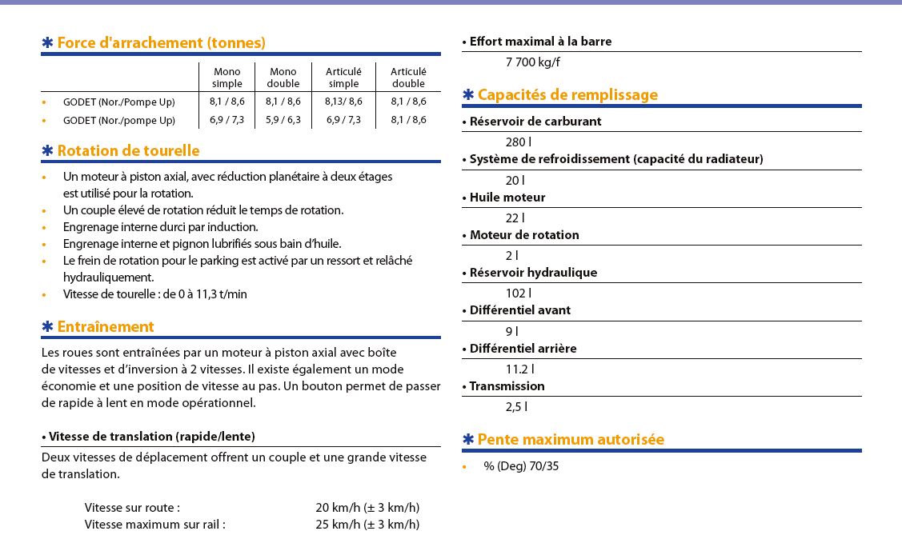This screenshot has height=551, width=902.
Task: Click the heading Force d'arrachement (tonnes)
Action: click(161, 43)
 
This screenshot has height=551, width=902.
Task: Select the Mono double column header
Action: click(283, 78)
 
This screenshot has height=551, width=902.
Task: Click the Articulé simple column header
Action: click(343, 78)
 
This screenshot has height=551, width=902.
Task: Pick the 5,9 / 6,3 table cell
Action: click(283, 120)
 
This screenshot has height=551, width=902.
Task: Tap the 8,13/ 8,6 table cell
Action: click(343, 102)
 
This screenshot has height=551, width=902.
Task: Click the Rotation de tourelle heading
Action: click(128, 151)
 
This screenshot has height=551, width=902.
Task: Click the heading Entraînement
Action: click(105, 327)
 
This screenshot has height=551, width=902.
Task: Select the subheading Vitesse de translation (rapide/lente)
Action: click(151, 437)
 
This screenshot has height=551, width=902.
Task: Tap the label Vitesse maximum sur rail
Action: click(154, 525)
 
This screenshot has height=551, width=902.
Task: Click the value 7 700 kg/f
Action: click(532, 62)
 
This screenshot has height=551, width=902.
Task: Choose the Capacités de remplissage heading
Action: click(567, 95)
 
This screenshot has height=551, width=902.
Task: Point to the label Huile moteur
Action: click(507, 198)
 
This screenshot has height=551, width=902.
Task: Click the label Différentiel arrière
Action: click(523, 349)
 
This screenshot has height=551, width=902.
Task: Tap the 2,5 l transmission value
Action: click(516, 407)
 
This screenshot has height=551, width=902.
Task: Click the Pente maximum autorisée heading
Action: click(571, 440)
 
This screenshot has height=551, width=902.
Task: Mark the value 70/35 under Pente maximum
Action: click(544, 466)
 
